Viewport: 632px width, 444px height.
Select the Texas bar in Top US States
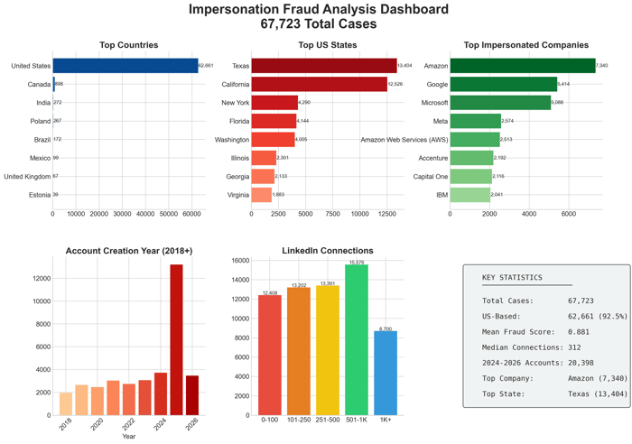(323, 66)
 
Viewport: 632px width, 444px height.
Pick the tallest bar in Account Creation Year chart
(176, 339)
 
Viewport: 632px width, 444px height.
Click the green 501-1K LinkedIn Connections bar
(356, 339)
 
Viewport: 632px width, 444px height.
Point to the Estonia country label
(40, 194)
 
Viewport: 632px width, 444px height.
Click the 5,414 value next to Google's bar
(563, 84)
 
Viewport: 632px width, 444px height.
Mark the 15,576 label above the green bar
(356, 262)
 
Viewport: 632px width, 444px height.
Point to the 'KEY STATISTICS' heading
(512, 278)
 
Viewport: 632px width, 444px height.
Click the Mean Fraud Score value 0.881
(579, 331)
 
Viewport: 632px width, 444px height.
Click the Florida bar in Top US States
(274, 121)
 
